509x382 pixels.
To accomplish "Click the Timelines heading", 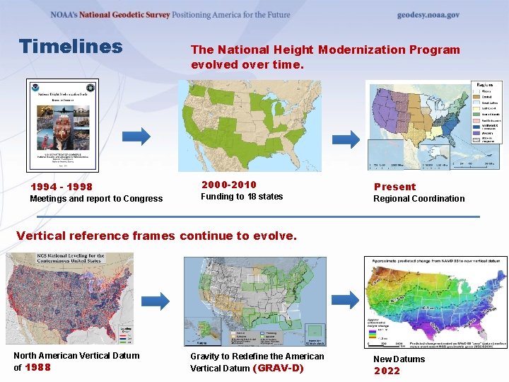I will (71, 47).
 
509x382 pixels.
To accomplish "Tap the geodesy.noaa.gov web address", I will (428, 15).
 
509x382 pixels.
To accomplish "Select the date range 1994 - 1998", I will (61, 187).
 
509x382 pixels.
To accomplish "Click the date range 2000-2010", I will (228, 185).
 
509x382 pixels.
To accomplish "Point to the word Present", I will (394, 187).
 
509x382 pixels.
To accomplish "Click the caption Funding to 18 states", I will (242, 197).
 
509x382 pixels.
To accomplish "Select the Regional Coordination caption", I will (419, 199).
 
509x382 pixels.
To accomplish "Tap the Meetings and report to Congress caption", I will (96, 199).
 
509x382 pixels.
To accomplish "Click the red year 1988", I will (38, 367).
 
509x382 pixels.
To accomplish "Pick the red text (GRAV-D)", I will (278, 368).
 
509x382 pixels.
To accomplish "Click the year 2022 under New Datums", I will (387, 371).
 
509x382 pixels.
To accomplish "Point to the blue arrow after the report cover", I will (141, 135).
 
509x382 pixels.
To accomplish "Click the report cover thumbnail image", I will (62, 125).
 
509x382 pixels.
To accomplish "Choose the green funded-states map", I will (250, 125).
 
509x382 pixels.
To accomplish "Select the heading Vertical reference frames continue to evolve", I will (156, 236).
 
